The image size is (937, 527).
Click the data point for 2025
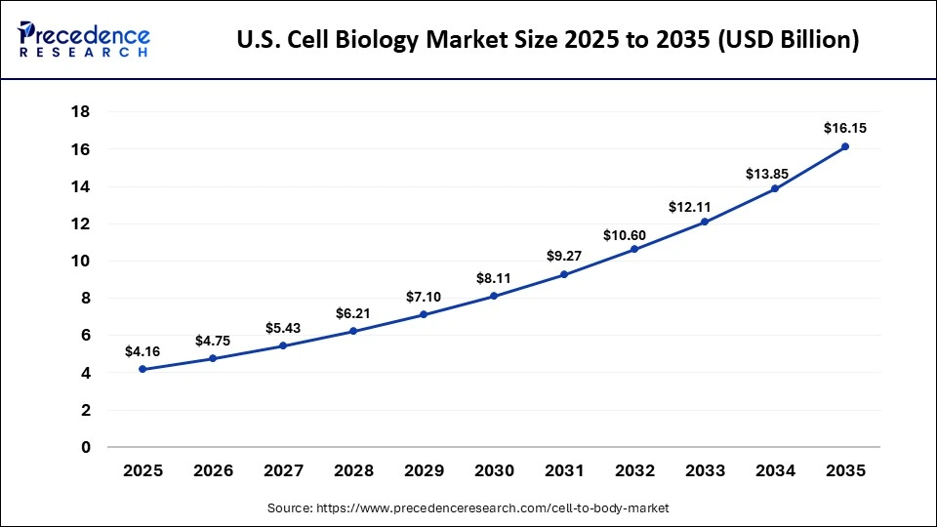(143, 369)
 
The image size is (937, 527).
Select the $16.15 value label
(845, 128)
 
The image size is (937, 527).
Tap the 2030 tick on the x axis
(494, 470)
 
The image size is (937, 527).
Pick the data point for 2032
(634, 249)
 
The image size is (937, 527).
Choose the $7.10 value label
(424, 296)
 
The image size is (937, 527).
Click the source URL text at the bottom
(468, 508)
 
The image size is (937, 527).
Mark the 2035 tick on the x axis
(845, 470)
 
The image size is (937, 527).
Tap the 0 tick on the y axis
(86, 447)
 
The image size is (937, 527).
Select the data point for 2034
(775, 188)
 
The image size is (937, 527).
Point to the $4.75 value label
(213, 341)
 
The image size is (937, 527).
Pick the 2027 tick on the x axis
(283, 470)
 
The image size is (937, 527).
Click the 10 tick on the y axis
(81, 261)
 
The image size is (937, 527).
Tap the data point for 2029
(424, 314)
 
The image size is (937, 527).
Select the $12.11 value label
(705, 207)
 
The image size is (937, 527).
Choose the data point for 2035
(845, 146)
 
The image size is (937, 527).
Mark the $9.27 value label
(564, 256)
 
